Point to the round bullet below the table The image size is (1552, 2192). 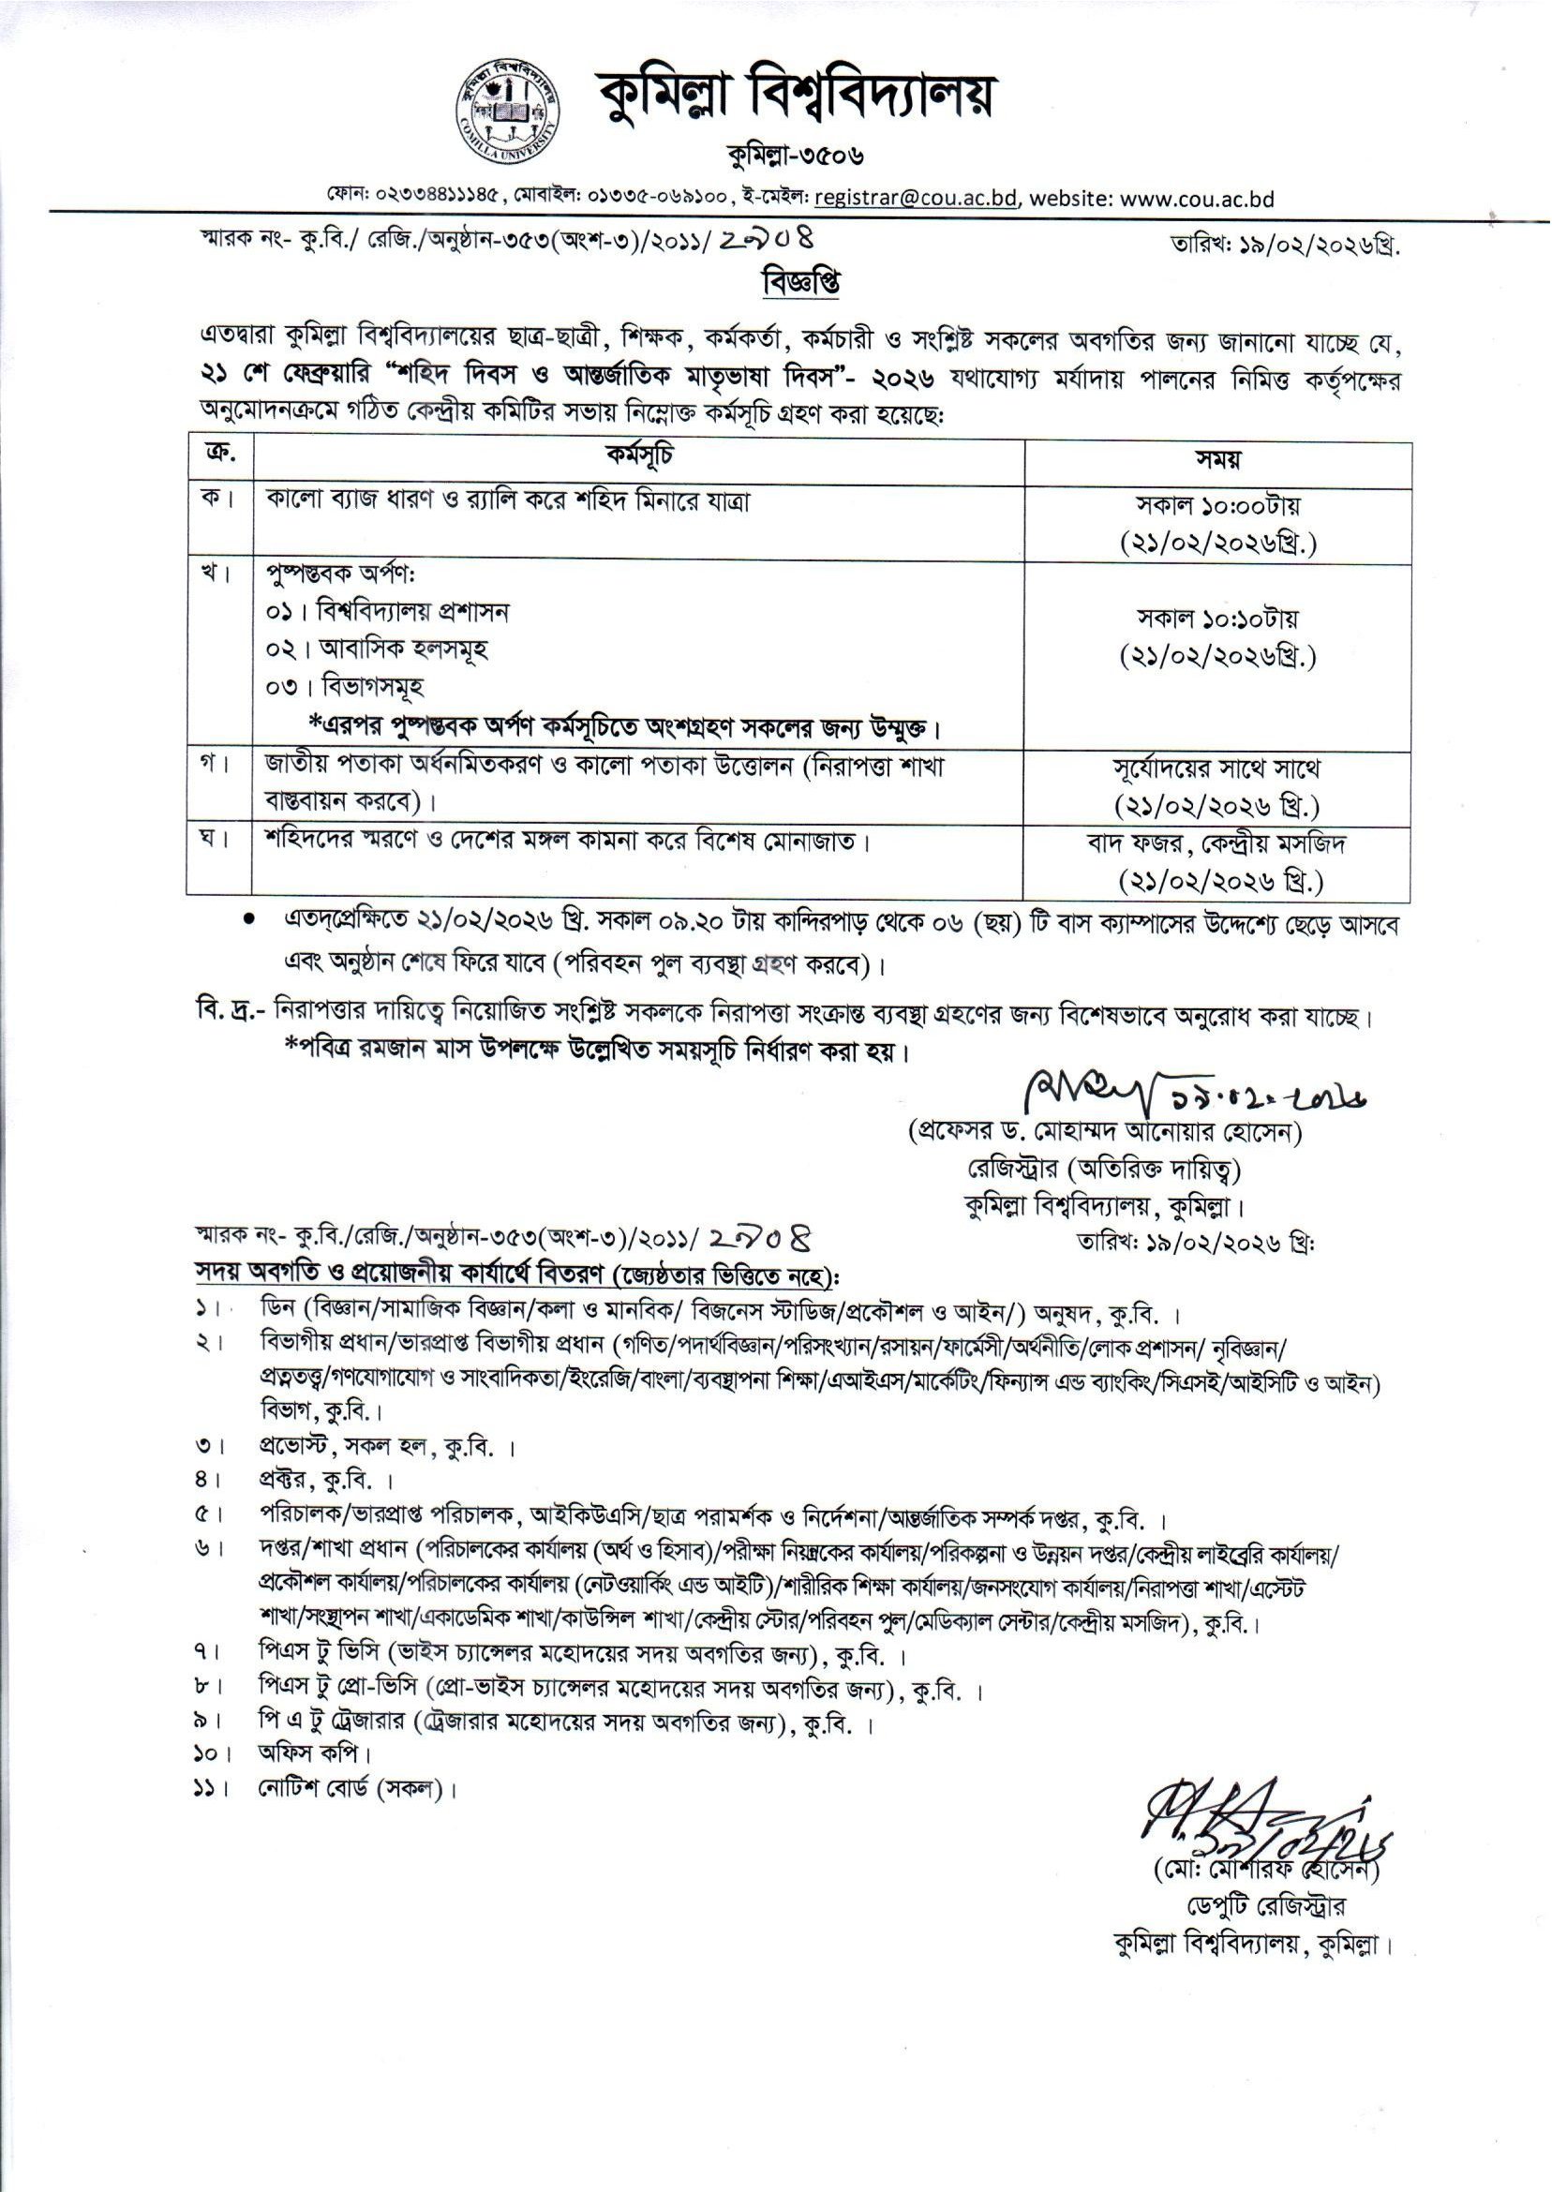248,918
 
